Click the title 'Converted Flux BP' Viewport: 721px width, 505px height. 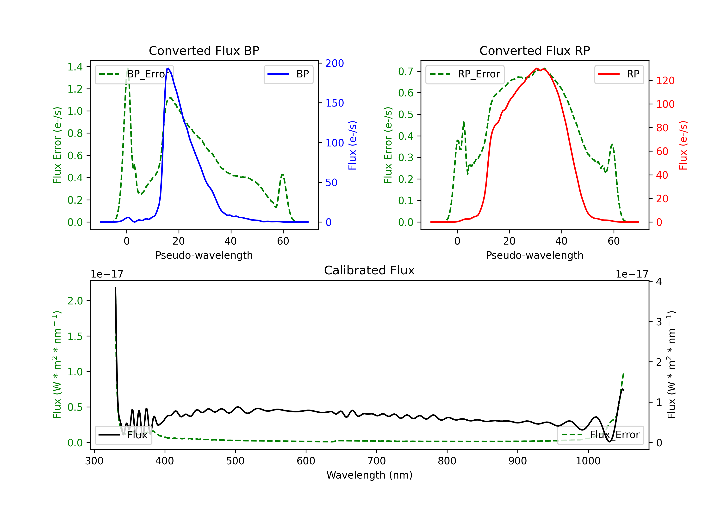pos(204,50)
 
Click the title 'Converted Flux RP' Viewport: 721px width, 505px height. pos(535,50)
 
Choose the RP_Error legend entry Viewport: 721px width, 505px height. pos(465,74)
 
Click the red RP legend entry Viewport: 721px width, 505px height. pos(619,74)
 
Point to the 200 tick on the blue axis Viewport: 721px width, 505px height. pos(335,63)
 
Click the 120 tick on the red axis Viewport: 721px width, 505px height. pos(665,81)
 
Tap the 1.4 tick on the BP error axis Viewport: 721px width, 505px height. pos(75,67)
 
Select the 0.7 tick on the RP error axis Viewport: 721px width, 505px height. pos(406,71)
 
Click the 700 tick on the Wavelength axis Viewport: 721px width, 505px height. pos(377,461)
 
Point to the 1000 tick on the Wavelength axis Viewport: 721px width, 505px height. pos(588,461)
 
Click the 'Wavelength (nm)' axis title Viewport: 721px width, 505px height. pos(369,475)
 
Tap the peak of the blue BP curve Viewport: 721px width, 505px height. pos(168,68)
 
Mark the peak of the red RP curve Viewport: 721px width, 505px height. pos(537,69)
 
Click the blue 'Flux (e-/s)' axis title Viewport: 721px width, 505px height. pos(352,145)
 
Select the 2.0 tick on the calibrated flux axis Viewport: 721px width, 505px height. pos(75,301)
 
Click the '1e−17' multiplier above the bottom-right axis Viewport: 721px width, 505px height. pos(632,274)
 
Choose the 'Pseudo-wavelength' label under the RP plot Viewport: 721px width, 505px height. pos(535,255)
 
